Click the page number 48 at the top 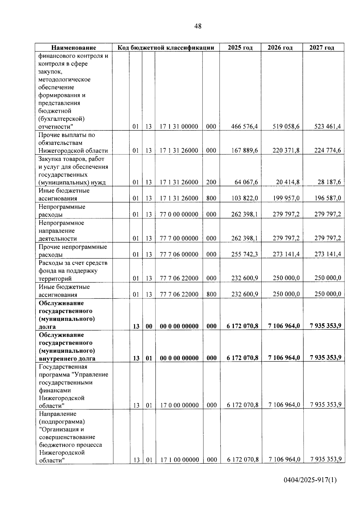tap(198, 26)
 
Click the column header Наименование tap(73, 48)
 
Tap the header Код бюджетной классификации tap(166, 48)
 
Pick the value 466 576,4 tap(244, 127)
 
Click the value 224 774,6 tap(327, 151)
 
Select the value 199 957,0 tap(286, 198)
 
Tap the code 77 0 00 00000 tap(179, 214)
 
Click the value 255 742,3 tap(244, 254)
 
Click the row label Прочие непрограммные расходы tap(73, 251)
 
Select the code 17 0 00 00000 tap(179, 405)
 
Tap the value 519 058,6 tap(286, 127)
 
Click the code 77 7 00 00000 tap(179, 238)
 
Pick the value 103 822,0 tap(244, 198)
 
